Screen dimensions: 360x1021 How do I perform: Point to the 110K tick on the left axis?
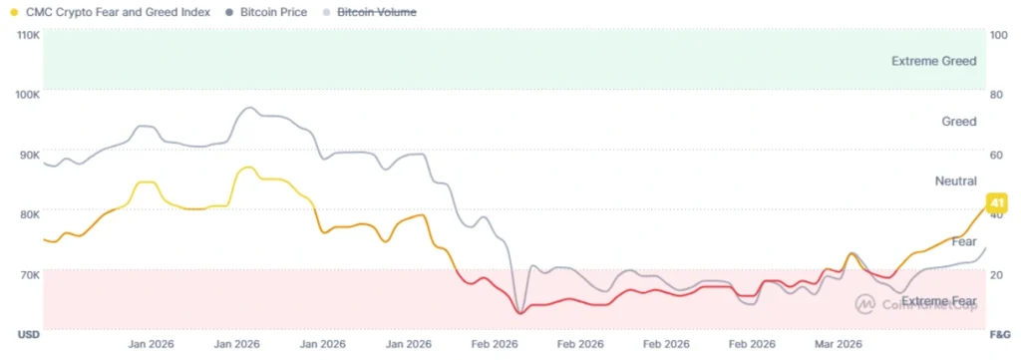click(x=28, y=34)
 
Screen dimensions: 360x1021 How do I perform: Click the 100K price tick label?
click(x=28, y=94)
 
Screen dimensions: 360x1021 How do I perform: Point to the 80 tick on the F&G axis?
click(x=995, y=94)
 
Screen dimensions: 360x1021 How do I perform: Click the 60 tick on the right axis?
click(x=995, y=154)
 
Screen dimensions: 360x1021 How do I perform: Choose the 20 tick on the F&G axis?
click(x=995, y=273)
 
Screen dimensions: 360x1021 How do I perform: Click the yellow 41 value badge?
click(x=995, y=203)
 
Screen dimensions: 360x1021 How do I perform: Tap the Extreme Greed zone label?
click(x=933, y=61)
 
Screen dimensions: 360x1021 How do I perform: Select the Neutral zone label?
click(x=955, y=181)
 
